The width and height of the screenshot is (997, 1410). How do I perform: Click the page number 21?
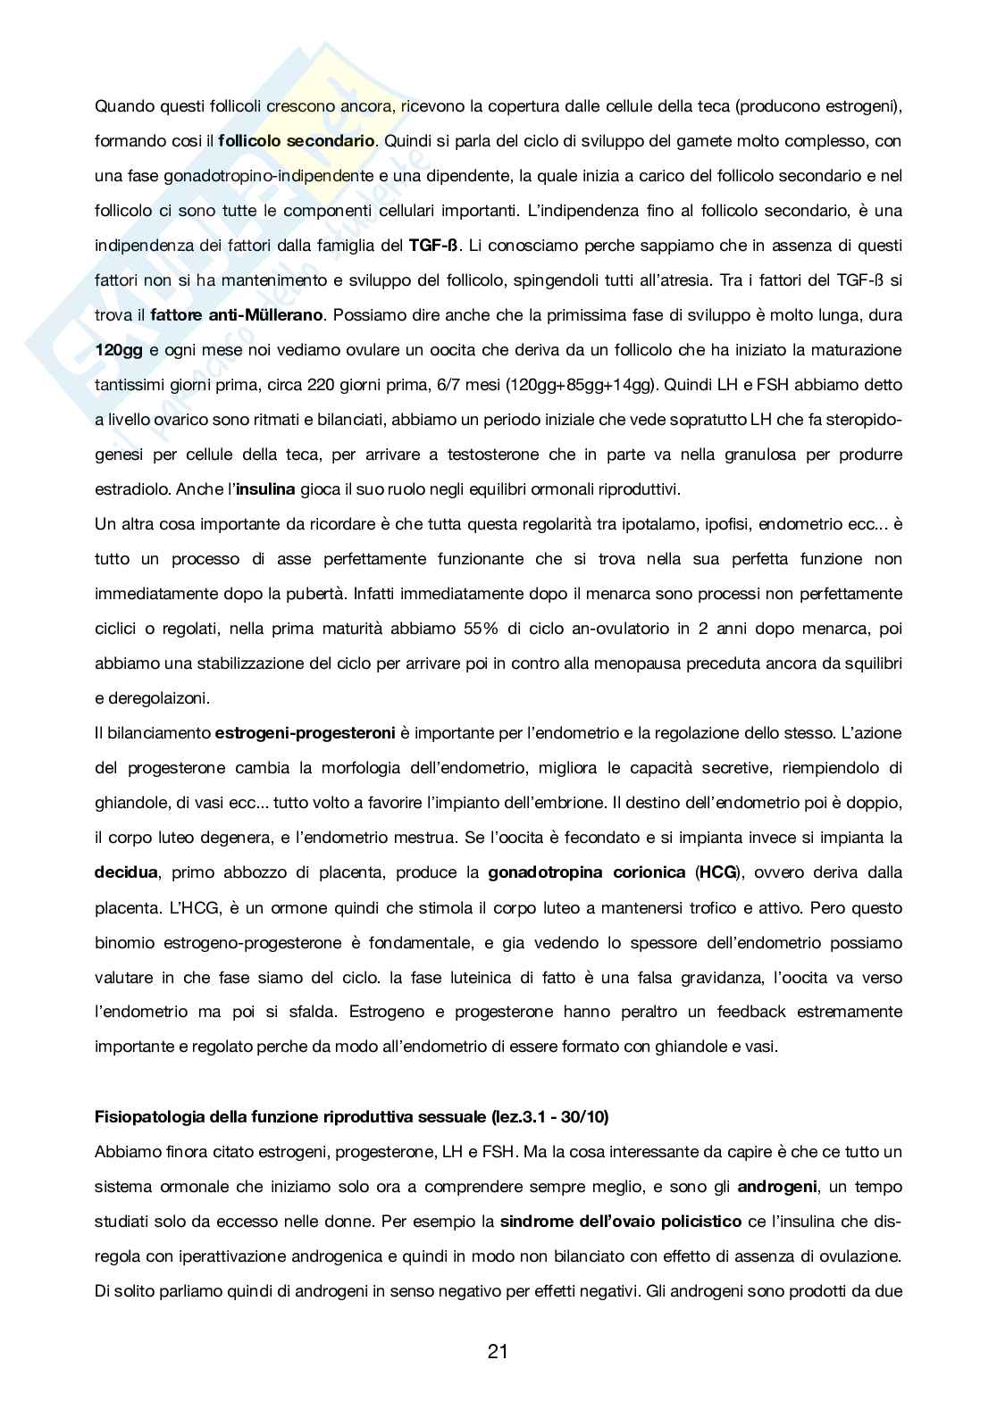[x=498, y=1351]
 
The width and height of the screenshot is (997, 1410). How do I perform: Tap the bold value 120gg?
[x=119, y=350]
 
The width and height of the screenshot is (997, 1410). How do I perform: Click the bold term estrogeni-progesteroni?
[x=305, y=733]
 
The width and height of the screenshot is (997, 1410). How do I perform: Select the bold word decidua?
[x=126, y=872]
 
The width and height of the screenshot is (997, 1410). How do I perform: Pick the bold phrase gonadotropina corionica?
[x=587, y=872]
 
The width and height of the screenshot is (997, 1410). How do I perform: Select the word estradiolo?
[x=132, y=489]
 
